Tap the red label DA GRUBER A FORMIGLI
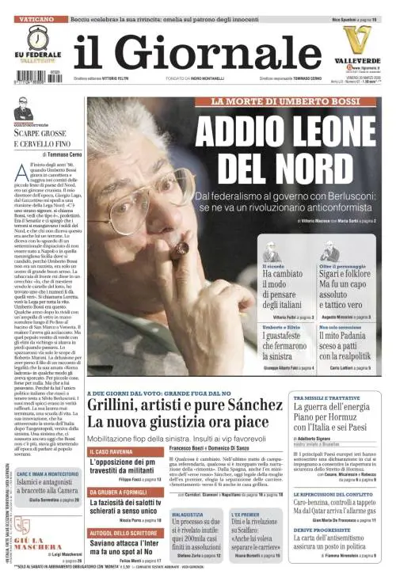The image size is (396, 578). pos(122,491)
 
